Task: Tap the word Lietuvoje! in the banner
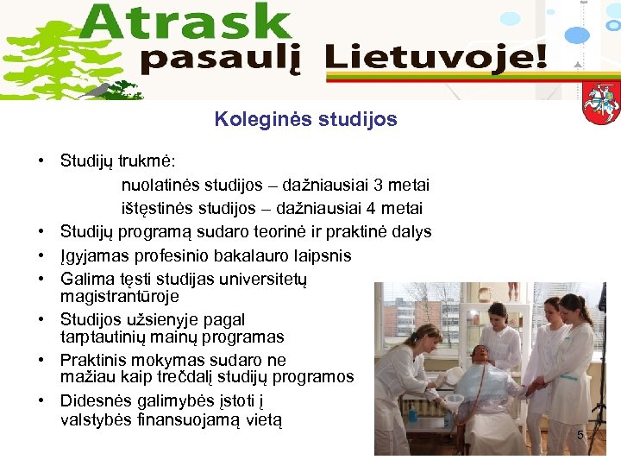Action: tap(436, 60)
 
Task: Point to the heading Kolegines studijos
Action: tap(306, 120)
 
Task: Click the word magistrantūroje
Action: tap(120, 296)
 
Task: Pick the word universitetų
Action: tap(260, 279)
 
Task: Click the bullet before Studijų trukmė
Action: tap(41, 161)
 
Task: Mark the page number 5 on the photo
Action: tap(580, 437)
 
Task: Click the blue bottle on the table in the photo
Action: tap(412, 413)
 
